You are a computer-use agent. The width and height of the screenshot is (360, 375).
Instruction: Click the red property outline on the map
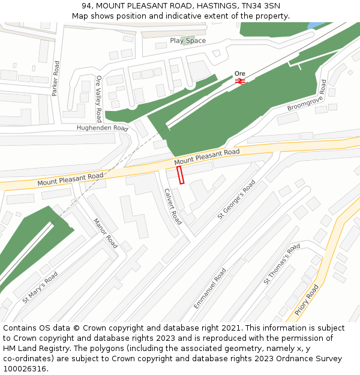click(x=180, y=175)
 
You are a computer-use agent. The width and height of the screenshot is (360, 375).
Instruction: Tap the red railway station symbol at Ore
click(x=240, y=80)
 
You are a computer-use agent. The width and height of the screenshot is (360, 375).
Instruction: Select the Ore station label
click(x=240, y=73)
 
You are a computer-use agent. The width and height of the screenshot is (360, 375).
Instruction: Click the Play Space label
click(x=188, y=41)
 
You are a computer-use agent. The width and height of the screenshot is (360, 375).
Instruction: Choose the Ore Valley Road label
click(x=99, y=99)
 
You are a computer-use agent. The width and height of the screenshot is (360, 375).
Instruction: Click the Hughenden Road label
click(x=102, y=128)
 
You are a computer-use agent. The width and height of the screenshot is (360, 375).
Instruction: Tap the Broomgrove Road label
click(x=306, y=96)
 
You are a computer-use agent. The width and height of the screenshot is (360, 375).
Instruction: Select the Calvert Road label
click(x=173, y=206)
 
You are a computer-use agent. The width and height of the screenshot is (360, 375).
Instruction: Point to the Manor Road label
click(x=105, y=233)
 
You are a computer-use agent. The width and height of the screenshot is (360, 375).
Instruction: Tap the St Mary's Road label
click(x=40, y=287)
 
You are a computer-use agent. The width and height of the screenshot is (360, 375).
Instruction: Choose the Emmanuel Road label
click(x=210, y=289)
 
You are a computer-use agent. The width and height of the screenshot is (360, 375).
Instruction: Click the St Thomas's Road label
click(x=281, y=264)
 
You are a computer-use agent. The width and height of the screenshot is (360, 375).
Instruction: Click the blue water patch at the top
click(x=316, y=25)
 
